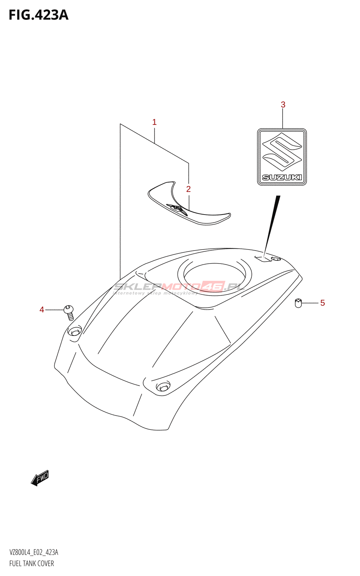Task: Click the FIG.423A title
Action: [x=38, y=15]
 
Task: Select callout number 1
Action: [x=154, y=122]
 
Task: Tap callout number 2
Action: [x=188, y=189]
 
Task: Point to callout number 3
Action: [x=283, y=105]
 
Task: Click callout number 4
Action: [x=42, y=310]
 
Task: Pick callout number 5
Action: [x=322, y=303]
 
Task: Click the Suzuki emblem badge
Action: [x=282, y=157]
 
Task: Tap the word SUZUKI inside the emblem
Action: [x=282, y=177]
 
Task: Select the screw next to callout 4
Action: [x=69, y=312]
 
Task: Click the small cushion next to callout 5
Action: [x=298, y=303]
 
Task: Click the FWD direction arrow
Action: [x=40, y=478]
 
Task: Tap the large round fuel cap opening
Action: [x=215, y=276]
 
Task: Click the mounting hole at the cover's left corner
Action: [x=75, y=331]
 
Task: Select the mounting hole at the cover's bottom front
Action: [x=162, y=387]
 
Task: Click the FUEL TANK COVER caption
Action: [x=32, y=563]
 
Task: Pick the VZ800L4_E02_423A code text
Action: [x=33, y=552]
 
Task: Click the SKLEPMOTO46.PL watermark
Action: [x=179, y=287]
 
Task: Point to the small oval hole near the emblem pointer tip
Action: [x=276, y=259]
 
